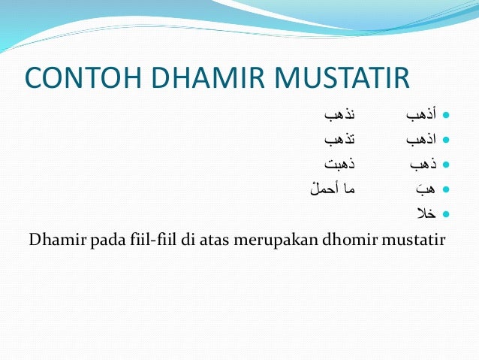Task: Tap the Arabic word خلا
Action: click(x=426, y=213)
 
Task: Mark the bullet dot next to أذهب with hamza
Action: click(x=446, y=116)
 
